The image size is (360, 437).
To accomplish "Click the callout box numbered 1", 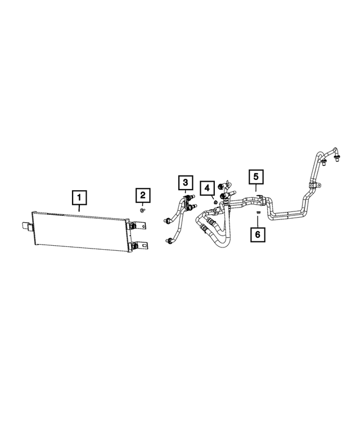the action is click(x=80, y=197).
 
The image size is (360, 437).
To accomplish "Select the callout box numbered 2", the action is click(x=143, y=195).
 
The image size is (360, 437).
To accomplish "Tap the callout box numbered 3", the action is click(x=185, y=182).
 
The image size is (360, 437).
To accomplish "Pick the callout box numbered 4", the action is click(x=207, y=187).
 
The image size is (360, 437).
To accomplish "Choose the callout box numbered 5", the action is click(x=256, y=177).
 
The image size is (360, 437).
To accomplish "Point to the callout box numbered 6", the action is click(x=258, y=233).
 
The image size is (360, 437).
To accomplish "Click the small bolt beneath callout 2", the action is click(x=143, y=210).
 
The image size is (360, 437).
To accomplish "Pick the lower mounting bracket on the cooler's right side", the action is click(x=137, y=246).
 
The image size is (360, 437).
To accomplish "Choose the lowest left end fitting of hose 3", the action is click(x=168, y=241).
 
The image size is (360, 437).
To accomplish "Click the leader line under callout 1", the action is click(x=80, y=208).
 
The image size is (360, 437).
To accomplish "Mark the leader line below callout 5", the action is click(x=256, y=190).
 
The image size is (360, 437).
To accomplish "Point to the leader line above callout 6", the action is click(x=258, y=222).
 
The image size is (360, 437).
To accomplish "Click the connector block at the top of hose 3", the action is click(x=188, y=197).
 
